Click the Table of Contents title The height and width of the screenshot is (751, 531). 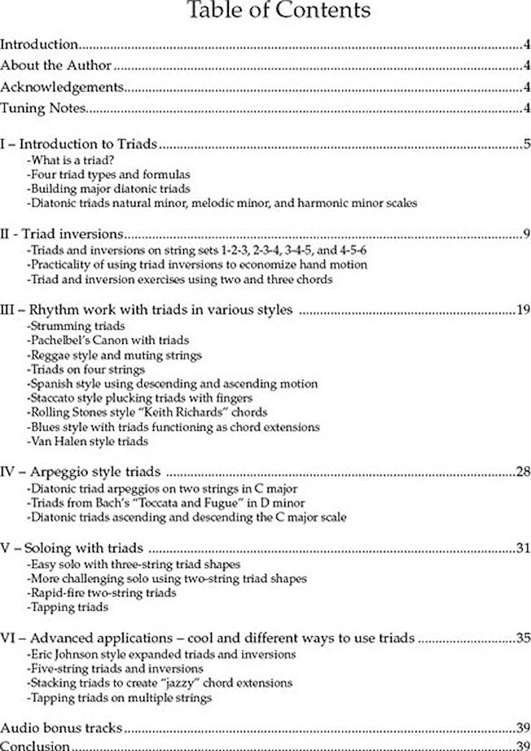(x=278, y=10)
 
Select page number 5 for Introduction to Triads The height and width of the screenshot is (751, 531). (x=526, y=144)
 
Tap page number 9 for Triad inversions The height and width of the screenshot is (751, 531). (x=526, y=234)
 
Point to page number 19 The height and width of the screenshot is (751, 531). (x=523, y=310)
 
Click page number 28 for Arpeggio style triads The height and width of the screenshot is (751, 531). (x=523, y=472)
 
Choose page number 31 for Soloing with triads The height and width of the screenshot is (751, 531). (x=523, y=549)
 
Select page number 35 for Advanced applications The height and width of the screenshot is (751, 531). (x=523, y=638)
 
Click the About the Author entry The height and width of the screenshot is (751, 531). (x=56, y=66)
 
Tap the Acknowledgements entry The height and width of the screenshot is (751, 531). (x=62, y=87)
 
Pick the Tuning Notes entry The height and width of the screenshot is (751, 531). (x=44, y=108)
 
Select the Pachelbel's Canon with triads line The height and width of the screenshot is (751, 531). (x=109, y=340)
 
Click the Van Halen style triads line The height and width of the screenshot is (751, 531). (x=87, y=441)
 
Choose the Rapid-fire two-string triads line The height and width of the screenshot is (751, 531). (x=102, y=593)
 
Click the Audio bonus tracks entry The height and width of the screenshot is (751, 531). (x=62, y=728)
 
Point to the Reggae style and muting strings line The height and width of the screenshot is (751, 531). (x=114, y=356)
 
